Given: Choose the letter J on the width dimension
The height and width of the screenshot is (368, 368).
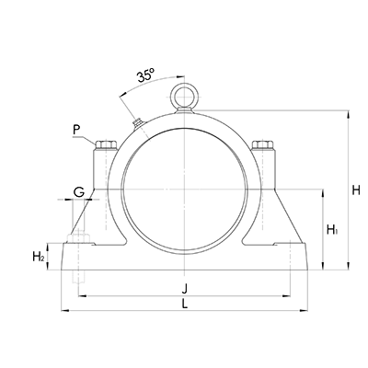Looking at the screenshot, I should [x=188, y=286].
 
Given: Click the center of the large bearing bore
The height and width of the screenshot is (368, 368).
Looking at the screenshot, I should [x=183, y=189].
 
